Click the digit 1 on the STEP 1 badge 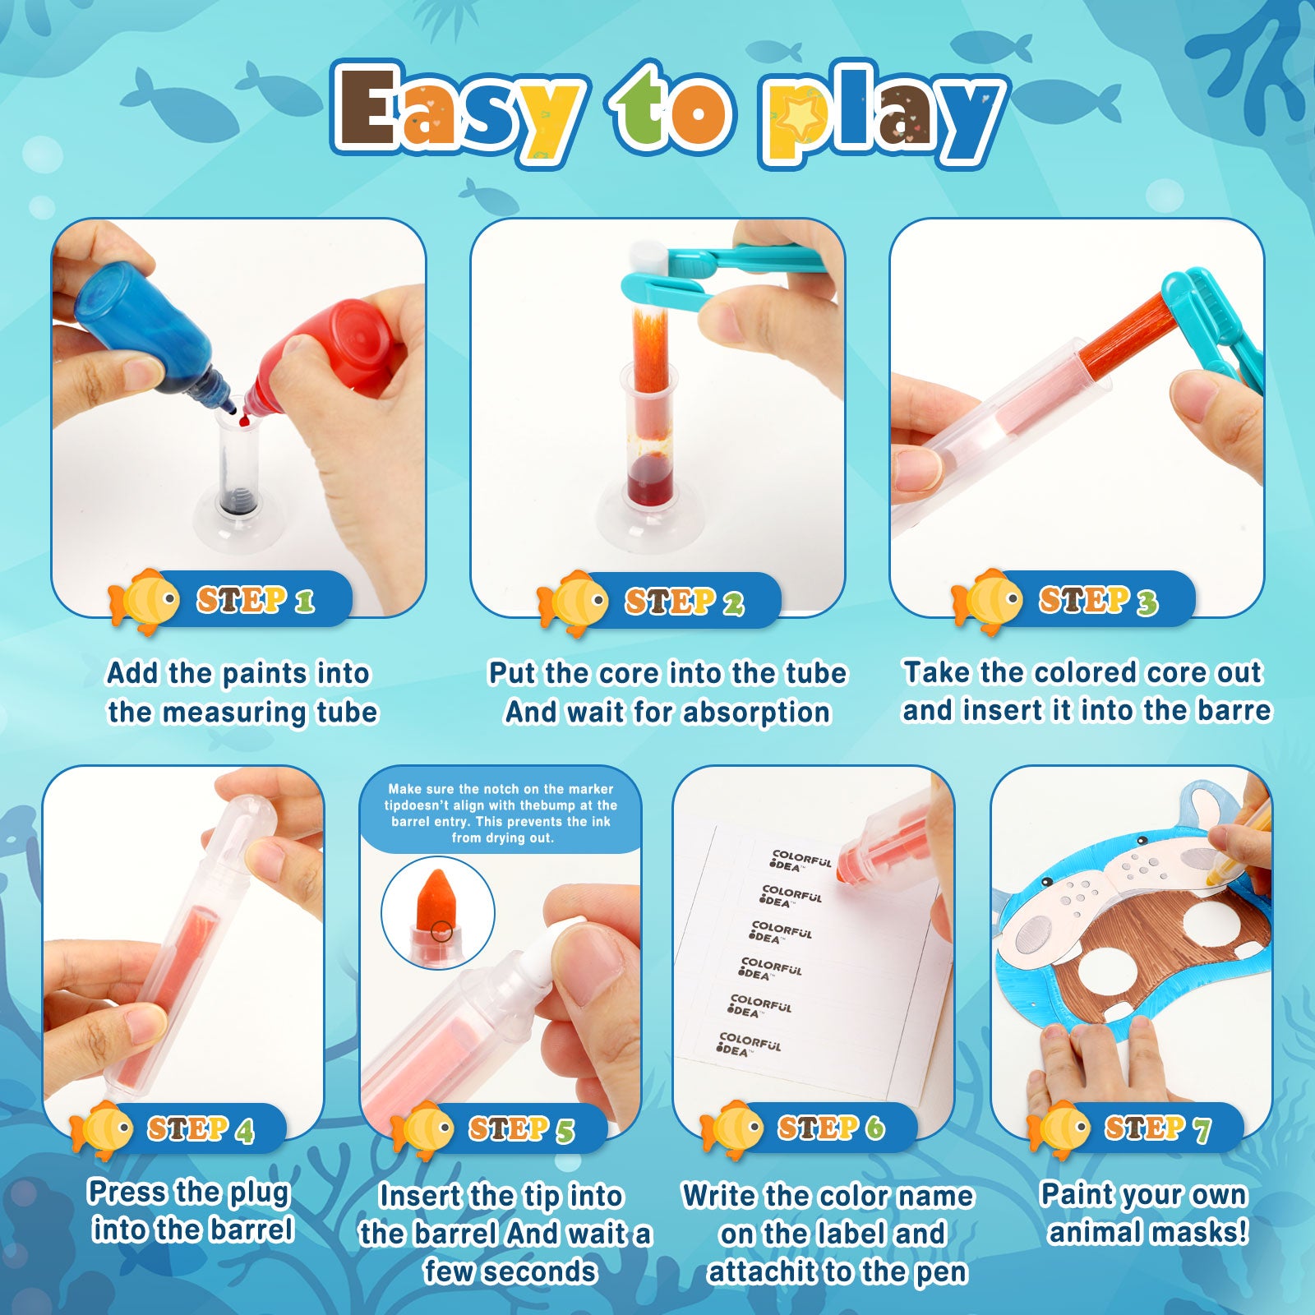tap(305, 602)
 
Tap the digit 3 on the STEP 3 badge tap(1147, 603)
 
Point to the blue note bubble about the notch tap(501, 810)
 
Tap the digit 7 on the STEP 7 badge tap(1202, 1130)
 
